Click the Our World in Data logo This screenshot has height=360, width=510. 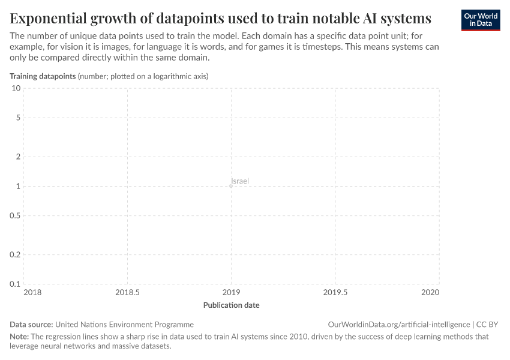point(480,20)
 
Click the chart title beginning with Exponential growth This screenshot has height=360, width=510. point(220,17)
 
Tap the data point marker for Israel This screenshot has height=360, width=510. point(231,186)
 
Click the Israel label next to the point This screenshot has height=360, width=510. point(240,181)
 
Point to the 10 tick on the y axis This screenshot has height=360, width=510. point(16,88)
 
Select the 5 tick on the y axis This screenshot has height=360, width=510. point(18,118)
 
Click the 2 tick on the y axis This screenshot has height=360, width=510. point(18,157)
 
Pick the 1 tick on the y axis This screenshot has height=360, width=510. point(18,186)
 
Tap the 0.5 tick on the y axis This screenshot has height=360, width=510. point(15,215)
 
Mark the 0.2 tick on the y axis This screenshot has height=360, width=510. point(15,254)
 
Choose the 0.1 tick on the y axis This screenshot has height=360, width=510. point(15,284)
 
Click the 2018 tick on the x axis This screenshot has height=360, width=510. point(32,292)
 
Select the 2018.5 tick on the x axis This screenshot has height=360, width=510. point(127,292)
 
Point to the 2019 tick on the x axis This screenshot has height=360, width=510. point(231,292)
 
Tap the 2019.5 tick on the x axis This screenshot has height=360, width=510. point(335,292)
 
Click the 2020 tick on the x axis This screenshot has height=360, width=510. point(430,292)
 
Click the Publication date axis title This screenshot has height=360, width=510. point(231,305)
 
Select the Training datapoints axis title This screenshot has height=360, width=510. point(43,76)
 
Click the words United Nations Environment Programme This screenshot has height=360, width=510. point(124,324)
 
